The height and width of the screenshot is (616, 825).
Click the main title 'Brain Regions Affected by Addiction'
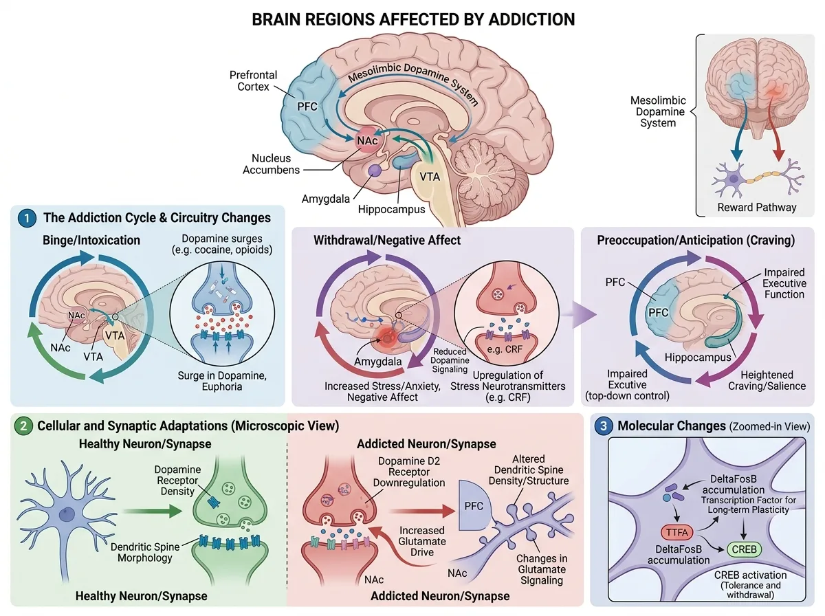(x=413, y=19)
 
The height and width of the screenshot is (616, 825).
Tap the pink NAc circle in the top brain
(x=367, y=140)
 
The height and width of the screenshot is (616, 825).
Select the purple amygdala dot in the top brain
(x=375, y=170)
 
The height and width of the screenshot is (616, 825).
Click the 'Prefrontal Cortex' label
(x=253, y=81)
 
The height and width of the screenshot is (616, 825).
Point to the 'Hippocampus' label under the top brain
(x=391, y=209)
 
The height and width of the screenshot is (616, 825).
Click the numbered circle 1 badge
(x=27, y=218)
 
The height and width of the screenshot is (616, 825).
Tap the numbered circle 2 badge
(x=23, y=426)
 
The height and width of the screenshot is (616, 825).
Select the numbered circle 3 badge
(x=604, y=426)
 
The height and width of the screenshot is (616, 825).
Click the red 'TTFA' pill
(x=676, y=532)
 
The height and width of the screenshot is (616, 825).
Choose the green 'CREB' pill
(x=744, y=549)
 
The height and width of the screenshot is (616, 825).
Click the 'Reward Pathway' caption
(x=757, y=208)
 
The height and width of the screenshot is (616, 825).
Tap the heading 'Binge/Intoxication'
(x=91, y=240)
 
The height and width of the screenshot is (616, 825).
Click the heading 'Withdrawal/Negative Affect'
(x=387, y=240)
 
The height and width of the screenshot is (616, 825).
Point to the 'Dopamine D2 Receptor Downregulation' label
(x=409, y=472)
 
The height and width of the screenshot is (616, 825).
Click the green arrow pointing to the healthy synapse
(x=152, y=511)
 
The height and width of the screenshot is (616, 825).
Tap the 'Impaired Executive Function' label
(x=784, y=283)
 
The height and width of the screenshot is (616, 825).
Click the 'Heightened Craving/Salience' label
(x=767, y=380)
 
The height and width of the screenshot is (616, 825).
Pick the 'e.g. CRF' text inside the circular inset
(x=505, y=349)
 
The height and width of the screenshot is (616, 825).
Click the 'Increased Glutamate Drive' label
(x=422, y=541)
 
